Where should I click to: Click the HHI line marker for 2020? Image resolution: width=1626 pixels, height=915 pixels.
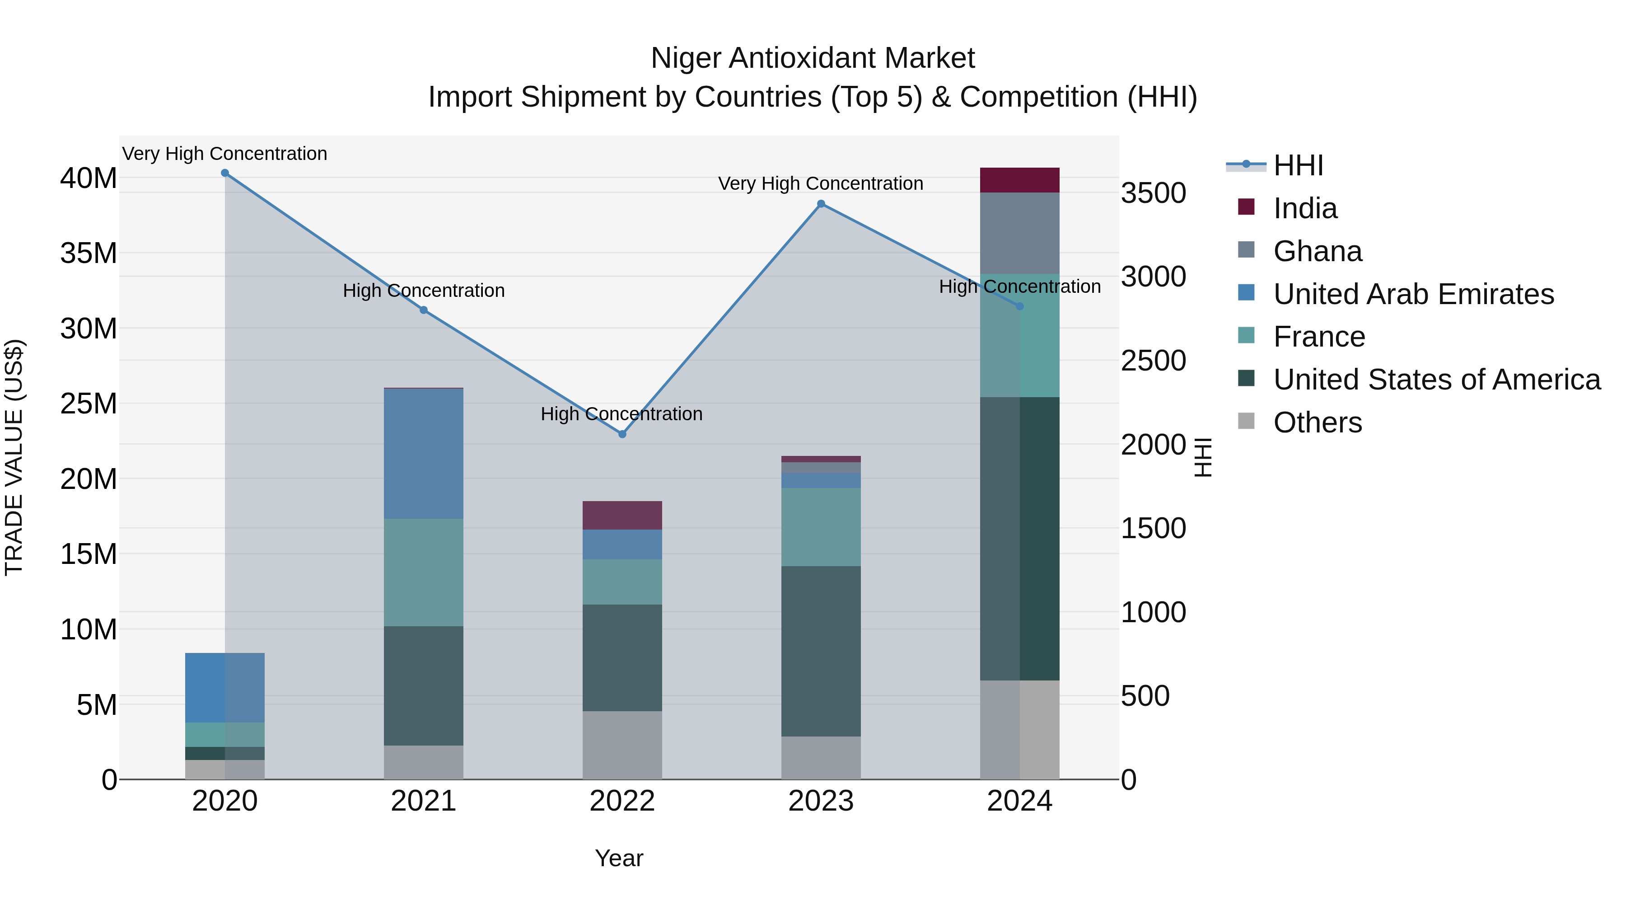coord(225,173)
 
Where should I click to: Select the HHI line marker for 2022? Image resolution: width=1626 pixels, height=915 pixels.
coord(622,434)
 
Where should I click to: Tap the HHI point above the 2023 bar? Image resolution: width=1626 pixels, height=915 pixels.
coord(821,204)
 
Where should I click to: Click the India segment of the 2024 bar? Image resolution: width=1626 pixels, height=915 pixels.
coord(1019,180)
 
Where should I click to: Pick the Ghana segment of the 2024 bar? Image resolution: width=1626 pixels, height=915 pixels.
coord(1019,233)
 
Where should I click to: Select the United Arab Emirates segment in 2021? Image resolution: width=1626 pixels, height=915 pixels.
coord(424,453)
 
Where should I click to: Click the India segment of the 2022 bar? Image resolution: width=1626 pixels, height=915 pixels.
coord(622,515)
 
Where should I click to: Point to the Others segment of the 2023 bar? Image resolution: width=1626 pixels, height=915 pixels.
coord(821,758)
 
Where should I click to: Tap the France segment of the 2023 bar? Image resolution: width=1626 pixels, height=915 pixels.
coord(821,527)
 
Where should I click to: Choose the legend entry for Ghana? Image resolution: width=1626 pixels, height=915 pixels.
coord(1318,251)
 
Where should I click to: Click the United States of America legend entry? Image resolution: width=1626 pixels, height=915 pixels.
coord(1436,380)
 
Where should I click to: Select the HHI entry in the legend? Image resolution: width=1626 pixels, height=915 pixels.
coord(1297,165)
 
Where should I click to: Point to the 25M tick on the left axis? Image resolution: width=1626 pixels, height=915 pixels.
coord(89,404)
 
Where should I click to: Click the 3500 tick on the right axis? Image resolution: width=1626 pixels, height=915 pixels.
coord(1153,193)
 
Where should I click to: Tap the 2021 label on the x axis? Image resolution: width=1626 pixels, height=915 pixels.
coord(424,801)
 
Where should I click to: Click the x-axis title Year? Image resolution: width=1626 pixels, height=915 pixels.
coord(619,858)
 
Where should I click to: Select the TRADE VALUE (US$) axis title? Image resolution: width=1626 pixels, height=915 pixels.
coord(14,457)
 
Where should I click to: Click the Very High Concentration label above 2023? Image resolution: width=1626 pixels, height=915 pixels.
coord(821,184)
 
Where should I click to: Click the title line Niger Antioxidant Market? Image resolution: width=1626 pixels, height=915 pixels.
coord(813,58)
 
